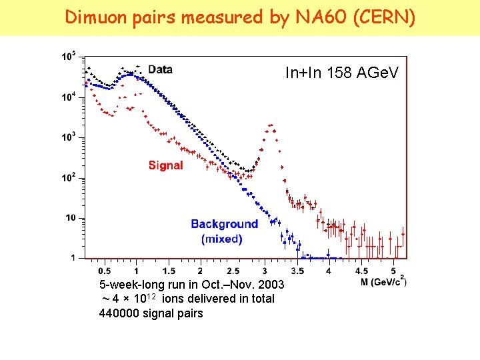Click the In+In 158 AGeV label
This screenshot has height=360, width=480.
(x=341, y=73)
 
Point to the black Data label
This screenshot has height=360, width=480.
(x=160, y=69)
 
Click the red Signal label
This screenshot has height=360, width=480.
(x=165, y=165)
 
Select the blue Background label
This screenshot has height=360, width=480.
(x=224, y=224)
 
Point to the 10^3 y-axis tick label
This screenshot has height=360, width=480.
(x=68, y=137)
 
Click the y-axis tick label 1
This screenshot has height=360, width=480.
(x=73, y=258)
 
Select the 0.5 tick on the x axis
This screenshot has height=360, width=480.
(x=104, y=271)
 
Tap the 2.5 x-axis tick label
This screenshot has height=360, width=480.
(x=233, y=271)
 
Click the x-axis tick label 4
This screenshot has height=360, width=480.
(x=329, y=271)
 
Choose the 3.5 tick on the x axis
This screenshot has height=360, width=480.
(x=297, y=271)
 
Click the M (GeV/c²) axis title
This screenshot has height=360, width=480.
(x=383, y=282)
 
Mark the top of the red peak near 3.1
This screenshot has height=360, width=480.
(x=271, y=125)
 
